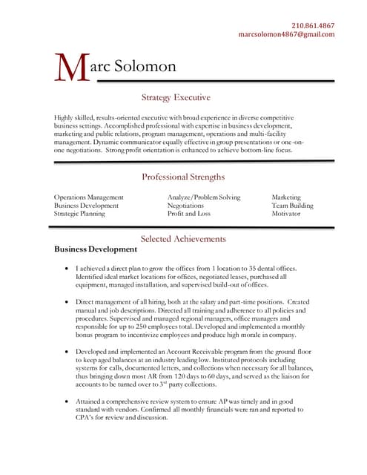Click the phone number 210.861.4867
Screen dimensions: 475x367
(312, 24)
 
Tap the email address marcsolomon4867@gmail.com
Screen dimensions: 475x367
(286, 34)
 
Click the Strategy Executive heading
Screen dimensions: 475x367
(176, 97)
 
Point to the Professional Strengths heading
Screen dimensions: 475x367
(183, 177)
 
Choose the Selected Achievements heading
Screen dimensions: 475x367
(183, 239)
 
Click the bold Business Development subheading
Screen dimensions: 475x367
(96, 249)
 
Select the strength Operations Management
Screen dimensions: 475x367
(89, 197)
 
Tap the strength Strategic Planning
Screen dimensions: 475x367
(79, 214)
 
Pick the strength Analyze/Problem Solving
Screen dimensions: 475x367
(204, 197)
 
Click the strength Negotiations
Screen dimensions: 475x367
(185, 206)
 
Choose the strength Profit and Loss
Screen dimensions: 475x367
(188, 214)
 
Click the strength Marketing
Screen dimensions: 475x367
(286, 197)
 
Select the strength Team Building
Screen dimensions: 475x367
(292, 206)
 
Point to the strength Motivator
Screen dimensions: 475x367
(286, 214)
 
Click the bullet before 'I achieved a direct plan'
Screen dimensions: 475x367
(67, 268)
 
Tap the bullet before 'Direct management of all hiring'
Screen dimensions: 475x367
(67, 303)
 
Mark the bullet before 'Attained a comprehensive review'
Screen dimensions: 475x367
(67, 401)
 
